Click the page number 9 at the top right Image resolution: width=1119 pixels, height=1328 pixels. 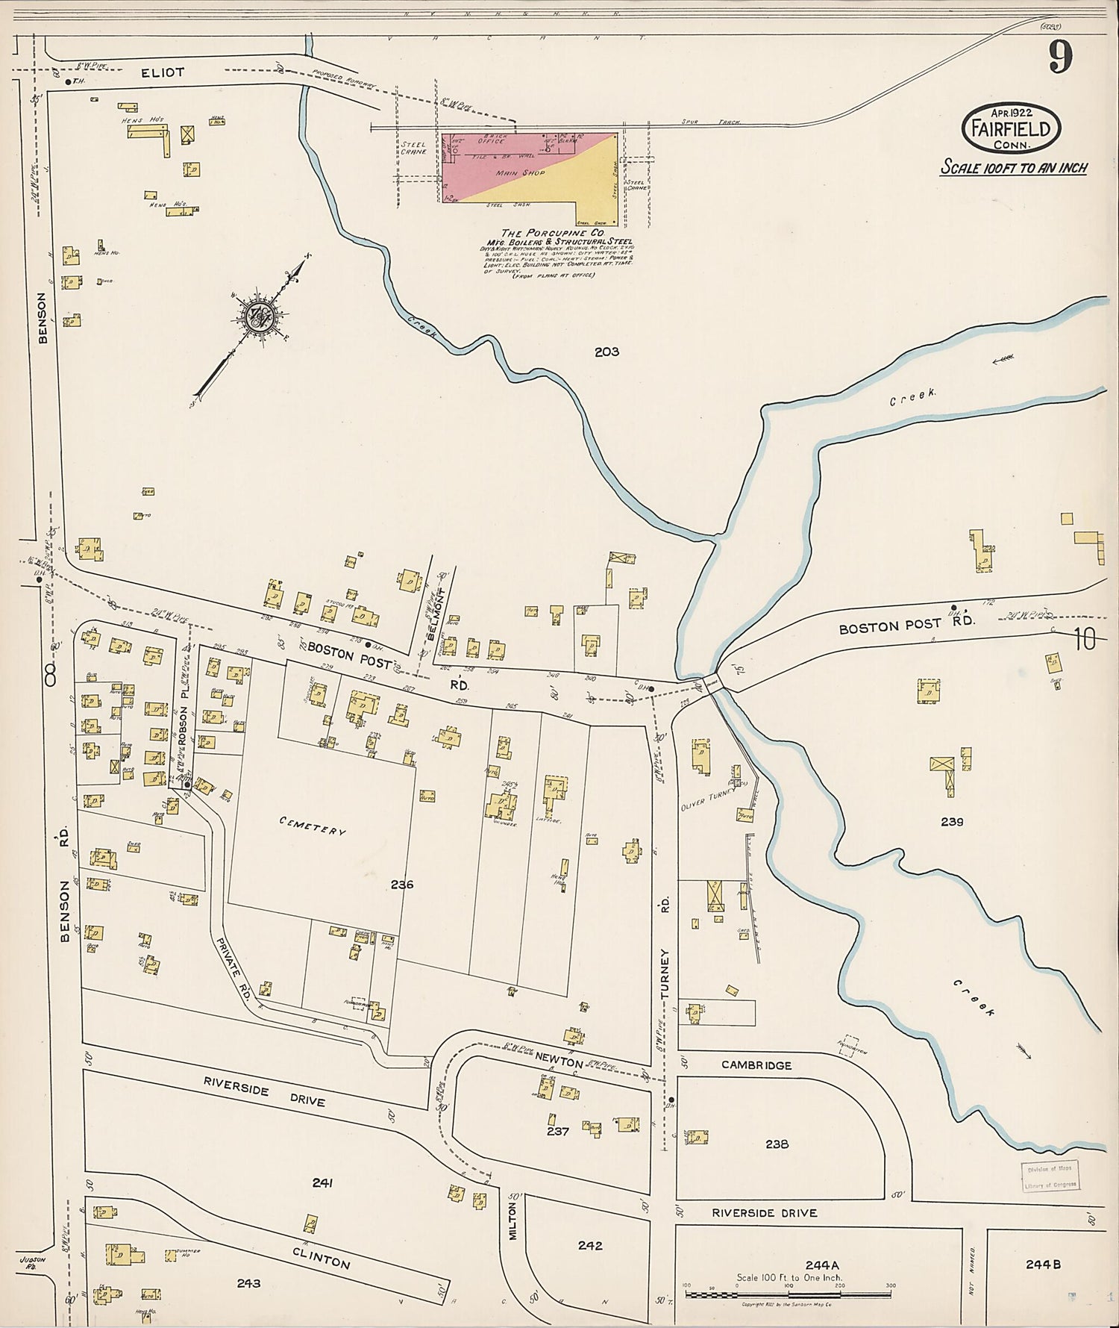pos(1061,57)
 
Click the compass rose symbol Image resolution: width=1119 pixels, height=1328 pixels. pos(260,317)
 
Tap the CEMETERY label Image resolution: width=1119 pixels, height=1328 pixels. pos(313,826)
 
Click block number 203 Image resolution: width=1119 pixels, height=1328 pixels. pos(606,352)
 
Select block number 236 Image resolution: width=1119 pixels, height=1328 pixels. pos(401,885)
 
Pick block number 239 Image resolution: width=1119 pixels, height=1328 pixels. pos(952,822)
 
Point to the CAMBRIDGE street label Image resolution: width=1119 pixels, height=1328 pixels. pos(756,1065)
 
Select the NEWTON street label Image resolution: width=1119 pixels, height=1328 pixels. pos(559,1062)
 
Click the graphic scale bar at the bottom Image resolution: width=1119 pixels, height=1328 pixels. pos(787,1294)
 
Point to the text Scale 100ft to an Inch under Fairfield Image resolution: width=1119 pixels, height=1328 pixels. pos(1013,167)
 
